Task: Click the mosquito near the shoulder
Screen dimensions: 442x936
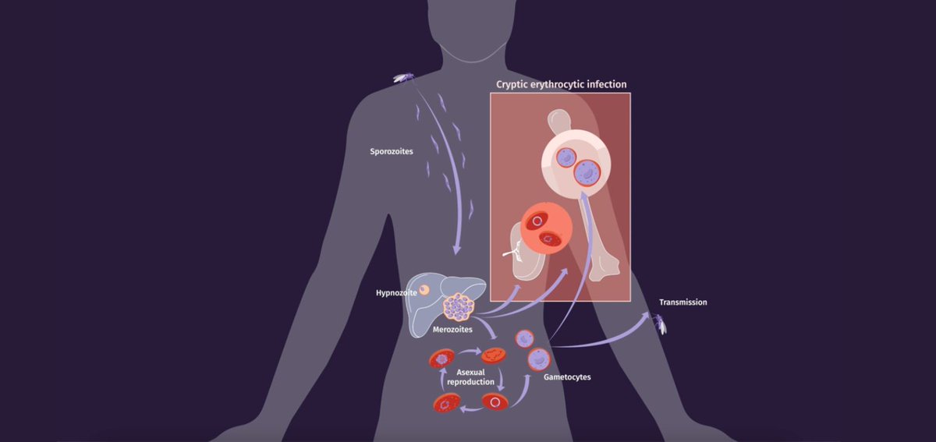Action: click(403, 77)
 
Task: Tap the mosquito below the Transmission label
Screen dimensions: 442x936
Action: click(660, 323)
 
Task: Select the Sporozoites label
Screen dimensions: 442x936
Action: click(392, 151)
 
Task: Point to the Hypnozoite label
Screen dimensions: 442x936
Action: click(395, 294)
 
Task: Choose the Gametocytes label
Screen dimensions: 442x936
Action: click(567, 377)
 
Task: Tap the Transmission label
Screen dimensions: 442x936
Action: click(682, 302)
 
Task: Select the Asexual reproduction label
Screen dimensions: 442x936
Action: click(471, 377)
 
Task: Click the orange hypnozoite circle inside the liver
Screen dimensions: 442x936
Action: click(425, 291)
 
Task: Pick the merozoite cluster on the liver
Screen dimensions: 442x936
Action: click(459, 308)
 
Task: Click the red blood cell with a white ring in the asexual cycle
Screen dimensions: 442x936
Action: click(495, 402)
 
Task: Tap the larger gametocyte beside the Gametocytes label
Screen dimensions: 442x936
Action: click(538, 359)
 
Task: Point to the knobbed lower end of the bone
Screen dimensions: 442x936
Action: click(604, 270)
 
